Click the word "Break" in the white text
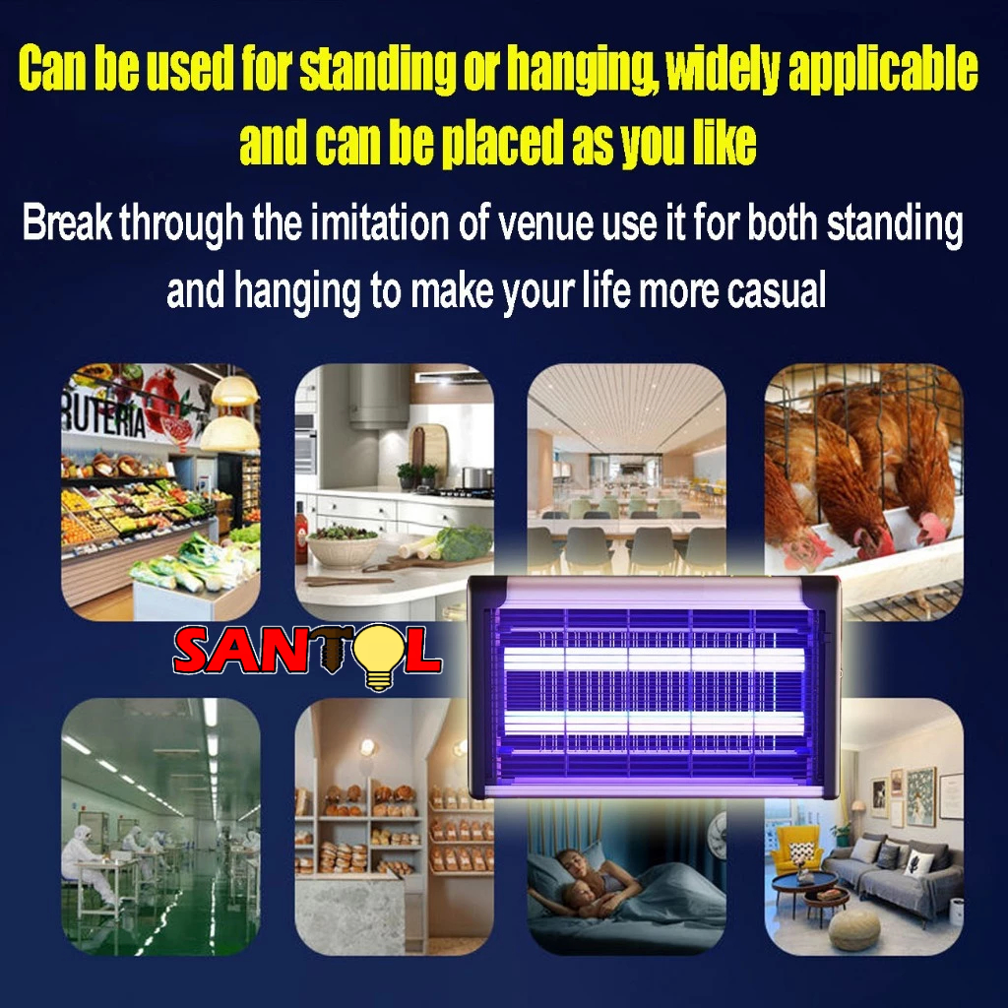pyautogui.click(x=68, y=222)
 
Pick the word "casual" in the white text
pyautogui.click(x=777, y=290)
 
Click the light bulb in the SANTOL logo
pyautogui.click(x=378, y=657)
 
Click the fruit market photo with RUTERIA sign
pyautogui.click(x=160, y=492)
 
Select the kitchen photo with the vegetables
pyautogui.click(x=394, y=492)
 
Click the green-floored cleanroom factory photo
pyautogui.click(x=160, y=827)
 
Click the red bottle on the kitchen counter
pyautogui.click(x=301, y=533)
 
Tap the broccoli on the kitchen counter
pyautogui.click(x=466, y=543)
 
